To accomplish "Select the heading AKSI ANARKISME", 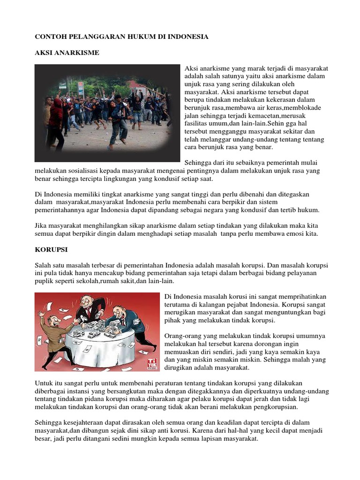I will point(67,52).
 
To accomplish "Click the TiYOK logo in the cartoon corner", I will point(153,362).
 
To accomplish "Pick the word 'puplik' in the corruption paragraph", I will point(45,281).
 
